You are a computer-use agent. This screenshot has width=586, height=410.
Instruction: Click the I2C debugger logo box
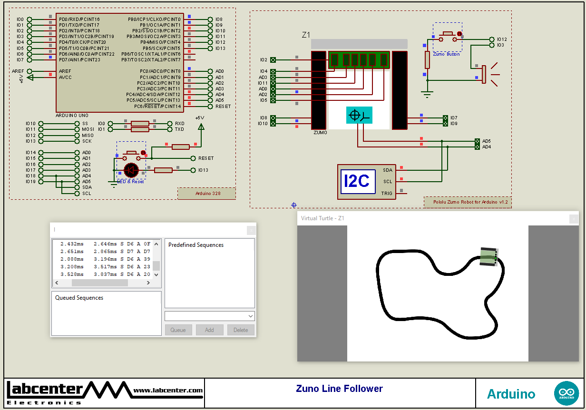pos(357,181)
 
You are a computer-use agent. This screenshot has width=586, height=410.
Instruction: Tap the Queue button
pos(178,330)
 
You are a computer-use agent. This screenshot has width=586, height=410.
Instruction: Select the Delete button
pos(241,330)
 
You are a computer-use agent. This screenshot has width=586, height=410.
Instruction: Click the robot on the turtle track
pos(488,257)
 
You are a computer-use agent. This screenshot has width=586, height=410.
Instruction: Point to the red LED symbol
pos(131,169)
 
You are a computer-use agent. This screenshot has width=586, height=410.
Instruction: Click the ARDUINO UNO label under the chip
pos(72,116)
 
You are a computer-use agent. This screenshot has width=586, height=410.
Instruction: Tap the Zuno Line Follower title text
pos(339,389)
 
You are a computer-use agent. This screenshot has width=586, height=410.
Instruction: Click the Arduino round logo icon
pos(566,393)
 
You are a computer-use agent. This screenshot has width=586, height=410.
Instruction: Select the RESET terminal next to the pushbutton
pos(194,158)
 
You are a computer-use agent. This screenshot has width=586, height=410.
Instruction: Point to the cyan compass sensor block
pos(359,115)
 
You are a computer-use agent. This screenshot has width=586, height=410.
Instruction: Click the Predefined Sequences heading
pos(196,245)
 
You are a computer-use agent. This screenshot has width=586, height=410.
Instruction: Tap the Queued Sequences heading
pos(79,298)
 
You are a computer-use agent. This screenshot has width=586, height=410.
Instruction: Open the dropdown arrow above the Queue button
pos(251,316)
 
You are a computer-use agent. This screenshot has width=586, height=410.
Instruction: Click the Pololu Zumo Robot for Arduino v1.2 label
pos(468,202)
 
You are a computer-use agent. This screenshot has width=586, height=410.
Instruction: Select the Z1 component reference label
pos(306,35)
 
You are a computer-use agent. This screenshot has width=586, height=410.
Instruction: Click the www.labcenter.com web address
pos(168,390)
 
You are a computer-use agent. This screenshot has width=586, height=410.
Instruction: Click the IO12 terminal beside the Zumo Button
pos(491,39)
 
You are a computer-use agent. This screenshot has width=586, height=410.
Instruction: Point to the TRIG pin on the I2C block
pos(387,193)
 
